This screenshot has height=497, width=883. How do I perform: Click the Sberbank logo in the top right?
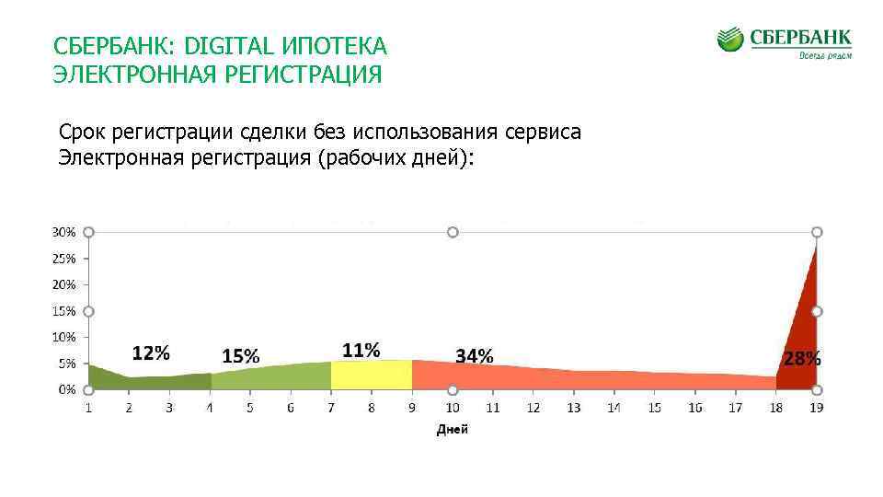784,42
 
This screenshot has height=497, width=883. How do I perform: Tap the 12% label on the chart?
151,353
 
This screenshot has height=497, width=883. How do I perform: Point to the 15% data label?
241,355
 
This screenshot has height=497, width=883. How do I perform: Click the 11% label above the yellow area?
361,350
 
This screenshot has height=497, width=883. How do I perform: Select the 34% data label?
475,355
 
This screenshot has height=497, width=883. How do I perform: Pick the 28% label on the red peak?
802,358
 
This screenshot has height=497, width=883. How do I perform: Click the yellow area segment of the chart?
372,376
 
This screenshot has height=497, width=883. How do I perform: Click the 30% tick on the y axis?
63,233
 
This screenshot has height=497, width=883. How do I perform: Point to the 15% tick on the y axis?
63,311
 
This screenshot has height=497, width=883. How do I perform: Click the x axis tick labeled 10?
453,408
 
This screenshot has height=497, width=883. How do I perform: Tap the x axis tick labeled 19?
816,408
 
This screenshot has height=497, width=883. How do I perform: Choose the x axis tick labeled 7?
331,408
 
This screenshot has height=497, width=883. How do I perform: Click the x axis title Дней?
452,430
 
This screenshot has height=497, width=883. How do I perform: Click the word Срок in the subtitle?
82,133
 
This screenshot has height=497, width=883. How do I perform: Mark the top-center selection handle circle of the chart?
453,233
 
